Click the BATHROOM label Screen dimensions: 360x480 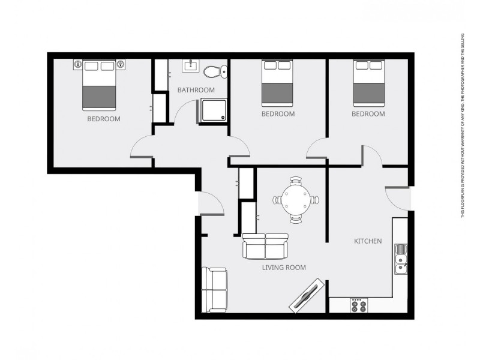click(196, 90)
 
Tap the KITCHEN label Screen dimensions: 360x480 click(368, 241)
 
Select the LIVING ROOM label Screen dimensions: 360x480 click(284, 268)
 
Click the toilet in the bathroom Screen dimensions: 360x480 click(214, 72)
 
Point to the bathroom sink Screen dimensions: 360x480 click(190, 65)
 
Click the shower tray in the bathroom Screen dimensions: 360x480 click(212, 111)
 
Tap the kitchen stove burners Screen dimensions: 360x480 click(358, 305)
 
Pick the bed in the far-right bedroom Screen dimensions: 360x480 click(368, 83)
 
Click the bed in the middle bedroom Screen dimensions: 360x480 click(278, 83)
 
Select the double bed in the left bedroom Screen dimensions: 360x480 click(99, 85)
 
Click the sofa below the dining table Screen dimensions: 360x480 click(266, 246)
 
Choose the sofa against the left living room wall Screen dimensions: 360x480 click(214, 289)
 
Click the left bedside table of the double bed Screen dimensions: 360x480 click(77, 63)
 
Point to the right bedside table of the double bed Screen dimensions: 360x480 click(121, 63)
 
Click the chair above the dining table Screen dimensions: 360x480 click(296, 181)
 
